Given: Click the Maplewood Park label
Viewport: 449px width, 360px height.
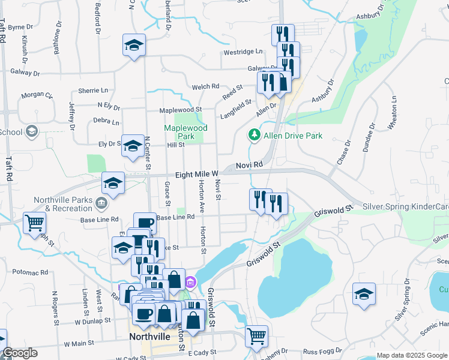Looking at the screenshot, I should coord(186,132).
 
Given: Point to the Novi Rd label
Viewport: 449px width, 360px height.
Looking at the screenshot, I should coord(250,164).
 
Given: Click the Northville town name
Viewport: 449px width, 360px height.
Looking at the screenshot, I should coord(151,337).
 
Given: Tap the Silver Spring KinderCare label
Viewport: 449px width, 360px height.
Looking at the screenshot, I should coord(406,207).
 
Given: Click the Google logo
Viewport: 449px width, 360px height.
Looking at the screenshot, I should coord(20,353).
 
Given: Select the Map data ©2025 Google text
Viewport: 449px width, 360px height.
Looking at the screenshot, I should coord(411,355).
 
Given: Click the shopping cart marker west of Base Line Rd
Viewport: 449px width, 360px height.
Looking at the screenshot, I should coord(34,223).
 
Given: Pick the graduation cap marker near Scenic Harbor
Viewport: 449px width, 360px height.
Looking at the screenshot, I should coord(364,294).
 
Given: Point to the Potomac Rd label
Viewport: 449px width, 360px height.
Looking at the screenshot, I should coord(29,272).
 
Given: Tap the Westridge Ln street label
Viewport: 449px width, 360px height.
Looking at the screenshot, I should coord(243,52).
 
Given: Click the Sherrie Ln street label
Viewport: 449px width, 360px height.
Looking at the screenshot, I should coord(93,91).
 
